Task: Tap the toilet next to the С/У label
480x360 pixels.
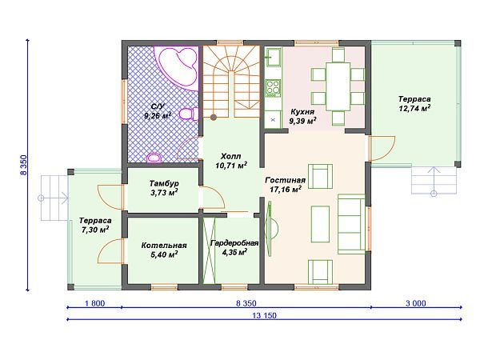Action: point(188,114)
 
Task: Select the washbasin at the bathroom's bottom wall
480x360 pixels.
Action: point(154,158)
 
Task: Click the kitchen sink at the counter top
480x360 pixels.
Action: point(273,57)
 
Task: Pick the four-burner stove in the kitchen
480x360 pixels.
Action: point(273,87)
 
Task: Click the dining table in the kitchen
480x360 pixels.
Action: point(338,86)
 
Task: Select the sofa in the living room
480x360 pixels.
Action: point(352,224)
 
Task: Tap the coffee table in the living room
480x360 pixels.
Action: point(320,224)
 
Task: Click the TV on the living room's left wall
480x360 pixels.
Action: point(271,229)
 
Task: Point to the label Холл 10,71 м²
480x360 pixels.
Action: point(231,161)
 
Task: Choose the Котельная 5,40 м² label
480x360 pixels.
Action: point(164,250)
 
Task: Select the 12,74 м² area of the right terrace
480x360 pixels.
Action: point(414,108)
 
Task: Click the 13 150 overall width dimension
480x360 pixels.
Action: point(264,315)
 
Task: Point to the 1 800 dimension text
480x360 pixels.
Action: point(94,303)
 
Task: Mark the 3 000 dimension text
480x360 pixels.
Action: point(416,303)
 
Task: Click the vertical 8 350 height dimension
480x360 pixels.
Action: point(23,165)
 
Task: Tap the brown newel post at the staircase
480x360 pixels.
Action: point(214,117)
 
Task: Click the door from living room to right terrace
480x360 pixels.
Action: point(382,149)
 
